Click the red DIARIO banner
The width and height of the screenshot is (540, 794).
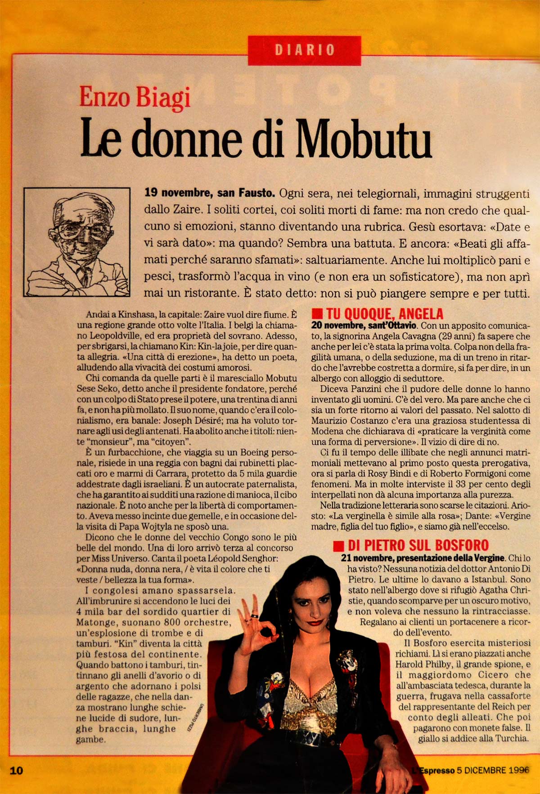click(x=304, y=50)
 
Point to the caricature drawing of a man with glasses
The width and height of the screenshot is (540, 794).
click(x=76, y=242)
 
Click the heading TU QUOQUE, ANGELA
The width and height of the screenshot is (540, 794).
click(x=384, y=313)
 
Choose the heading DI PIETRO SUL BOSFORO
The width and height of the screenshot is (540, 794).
click(x=418, y=545)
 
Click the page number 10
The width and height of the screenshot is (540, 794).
click(x=16, y=771)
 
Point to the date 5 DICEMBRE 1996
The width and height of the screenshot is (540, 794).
click(x=493, y=770)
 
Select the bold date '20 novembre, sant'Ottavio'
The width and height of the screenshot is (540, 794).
click(x=364, y=325)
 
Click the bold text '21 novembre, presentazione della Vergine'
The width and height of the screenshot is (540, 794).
click(x=423, y=558)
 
